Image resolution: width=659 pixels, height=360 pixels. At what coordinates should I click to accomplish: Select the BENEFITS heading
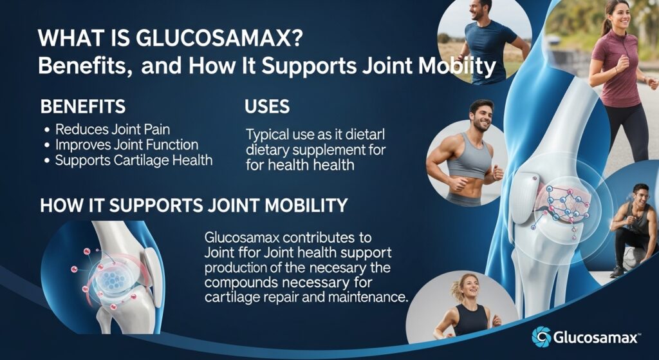(82, 107)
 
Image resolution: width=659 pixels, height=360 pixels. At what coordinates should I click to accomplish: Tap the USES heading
(267, 107)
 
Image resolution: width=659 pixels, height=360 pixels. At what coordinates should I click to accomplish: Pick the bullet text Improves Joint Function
(126, 145)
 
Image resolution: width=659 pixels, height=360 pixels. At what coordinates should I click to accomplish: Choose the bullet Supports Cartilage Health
(133, 160)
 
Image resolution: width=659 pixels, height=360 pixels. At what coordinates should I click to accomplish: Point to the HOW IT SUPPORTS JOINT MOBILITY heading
(194, 206)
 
